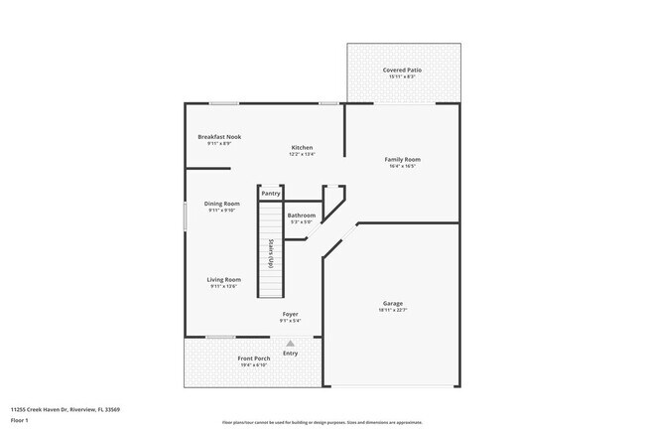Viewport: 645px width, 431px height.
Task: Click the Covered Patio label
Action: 403,71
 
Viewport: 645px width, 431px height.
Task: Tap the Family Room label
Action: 403,159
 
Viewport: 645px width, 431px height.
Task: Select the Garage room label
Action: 393,303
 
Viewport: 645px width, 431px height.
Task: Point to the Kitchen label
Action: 302,147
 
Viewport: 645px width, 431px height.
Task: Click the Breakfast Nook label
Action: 219,137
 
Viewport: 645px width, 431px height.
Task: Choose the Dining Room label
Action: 223,204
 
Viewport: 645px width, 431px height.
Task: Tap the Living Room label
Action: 223,280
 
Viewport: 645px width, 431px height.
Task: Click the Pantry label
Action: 271,194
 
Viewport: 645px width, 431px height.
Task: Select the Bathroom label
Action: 302,215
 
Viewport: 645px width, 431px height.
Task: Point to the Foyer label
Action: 290,315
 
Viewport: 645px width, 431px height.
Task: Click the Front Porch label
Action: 253,359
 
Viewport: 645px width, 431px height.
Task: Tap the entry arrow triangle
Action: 291,344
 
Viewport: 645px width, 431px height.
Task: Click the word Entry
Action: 291,354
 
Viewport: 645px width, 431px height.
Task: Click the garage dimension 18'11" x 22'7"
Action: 393,311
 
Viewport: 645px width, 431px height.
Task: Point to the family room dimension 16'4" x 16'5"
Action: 403,166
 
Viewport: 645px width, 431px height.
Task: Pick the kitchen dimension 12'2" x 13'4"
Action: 302,155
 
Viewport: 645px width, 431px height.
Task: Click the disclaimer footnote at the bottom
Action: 322,422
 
